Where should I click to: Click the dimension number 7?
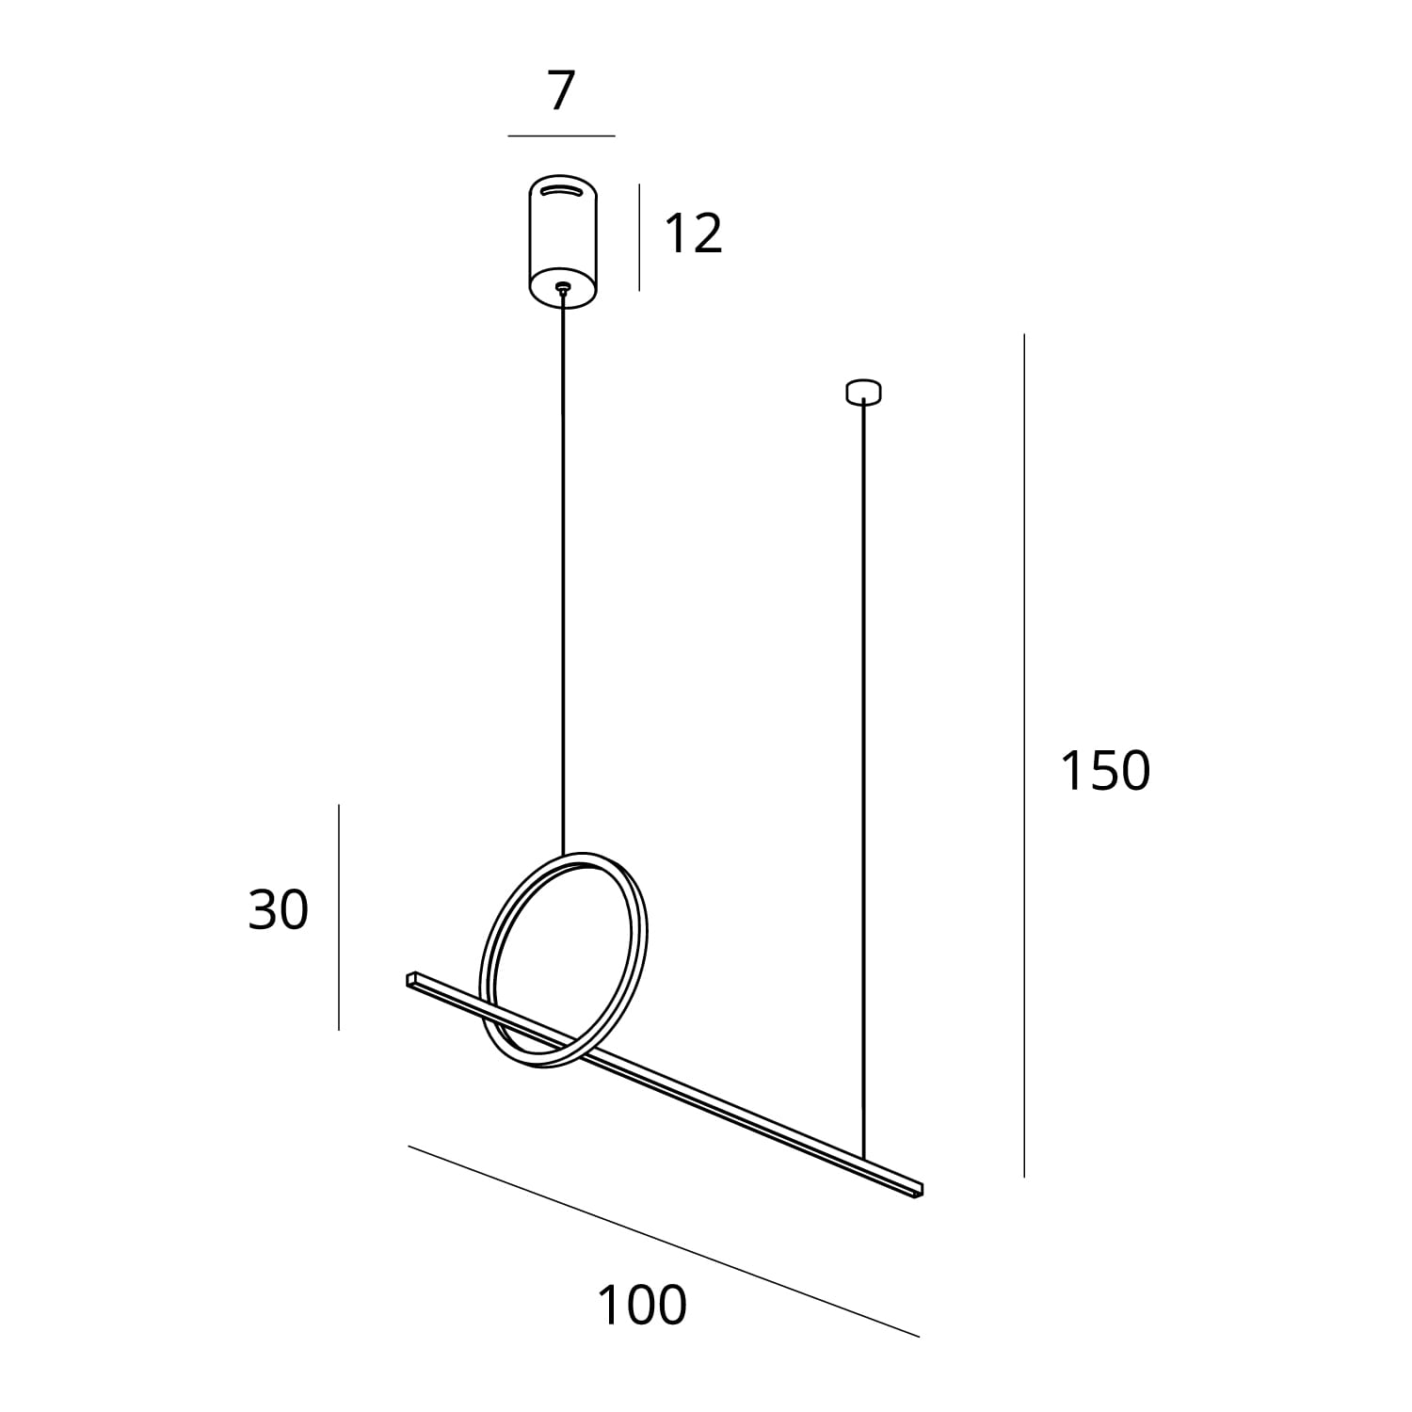561,92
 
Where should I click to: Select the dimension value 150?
1105,771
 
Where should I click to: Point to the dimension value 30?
278,910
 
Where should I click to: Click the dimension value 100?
642,1306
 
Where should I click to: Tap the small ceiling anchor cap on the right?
863,391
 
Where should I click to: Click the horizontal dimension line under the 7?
561,136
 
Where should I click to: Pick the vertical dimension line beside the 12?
639,237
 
